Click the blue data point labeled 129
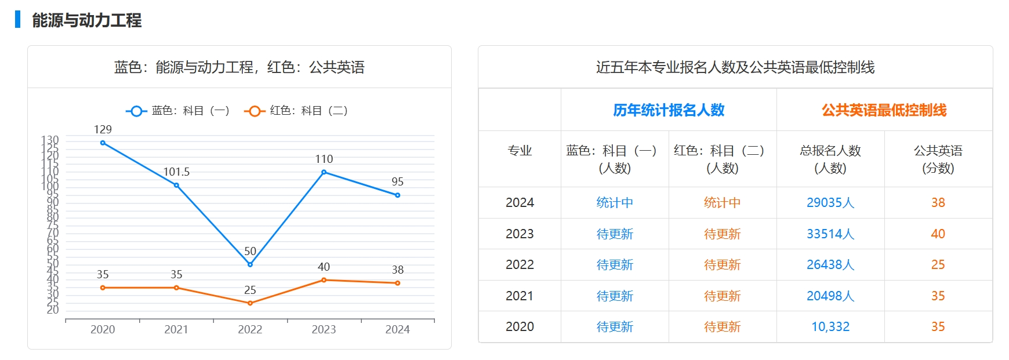click(x=103, y=143)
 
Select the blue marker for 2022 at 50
click(x=250, y=264)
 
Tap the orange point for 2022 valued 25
click(x=250, y=303)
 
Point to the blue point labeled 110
click(x=324, y=172)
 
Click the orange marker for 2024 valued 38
click(x=397, y=283)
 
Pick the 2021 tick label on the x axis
click(x=176, y=329)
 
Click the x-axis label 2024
click(x=397, y=329)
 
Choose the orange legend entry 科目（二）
click(x=297, y=111)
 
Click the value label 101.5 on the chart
click(x=176, y=172)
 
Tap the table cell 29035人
click(x=830, y=202)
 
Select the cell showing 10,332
click(x=830, y=326)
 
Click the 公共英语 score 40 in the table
click(x=938, y=234)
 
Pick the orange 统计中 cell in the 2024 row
click(x=722, y=202)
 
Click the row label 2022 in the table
click(x=520, y=264)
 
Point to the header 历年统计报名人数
click(x=669, y=110)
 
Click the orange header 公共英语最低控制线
click(x=884, y=110)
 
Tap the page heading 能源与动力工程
click(x=86, y=20)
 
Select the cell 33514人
click(x=830, y=234)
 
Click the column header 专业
click(x=520, y=151)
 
